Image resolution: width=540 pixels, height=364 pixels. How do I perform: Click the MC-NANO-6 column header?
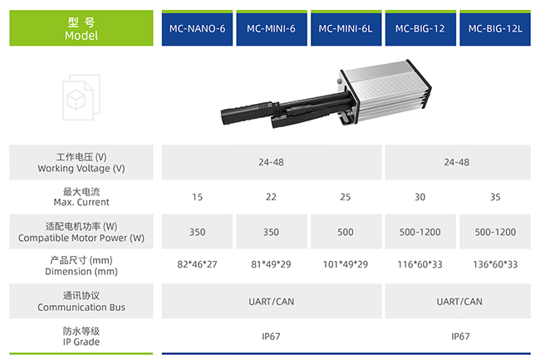tap(197, 28)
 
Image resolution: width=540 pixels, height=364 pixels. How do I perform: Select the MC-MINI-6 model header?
tap(272, 28)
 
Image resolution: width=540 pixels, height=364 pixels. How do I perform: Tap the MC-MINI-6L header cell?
tap(346, 28)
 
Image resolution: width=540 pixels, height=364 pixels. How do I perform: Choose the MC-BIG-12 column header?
tap(420, 28)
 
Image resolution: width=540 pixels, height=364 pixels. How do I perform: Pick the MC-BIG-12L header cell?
tap(495, 28)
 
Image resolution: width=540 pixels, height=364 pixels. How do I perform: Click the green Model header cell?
tap(81, 28)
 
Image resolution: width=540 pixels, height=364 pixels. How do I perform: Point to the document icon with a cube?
tap(81, 97)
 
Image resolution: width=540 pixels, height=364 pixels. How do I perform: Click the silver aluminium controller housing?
tap(385, 91)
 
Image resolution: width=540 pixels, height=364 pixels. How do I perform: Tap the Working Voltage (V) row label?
tap(81, 163)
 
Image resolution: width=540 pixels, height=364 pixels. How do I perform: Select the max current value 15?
tap(198, 197)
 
